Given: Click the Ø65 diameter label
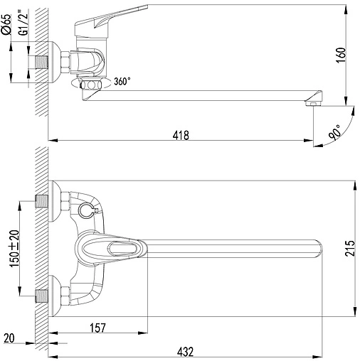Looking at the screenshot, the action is (x=6, y=24).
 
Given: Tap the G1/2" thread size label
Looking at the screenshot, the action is (x=23, y=24).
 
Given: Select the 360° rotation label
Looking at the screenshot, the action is (x=122, y=81).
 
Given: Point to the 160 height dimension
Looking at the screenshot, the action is (x=341, y=55).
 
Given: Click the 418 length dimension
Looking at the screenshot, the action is (x=181, y=135).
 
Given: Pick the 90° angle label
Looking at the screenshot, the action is (x=335, y=133).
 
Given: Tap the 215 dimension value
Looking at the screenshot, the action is (x=350, y=249).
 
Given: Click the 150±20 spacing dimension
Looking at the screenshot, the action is (x=14, y=248).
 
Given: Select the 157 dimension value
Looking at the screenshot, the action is (x=97, y=328).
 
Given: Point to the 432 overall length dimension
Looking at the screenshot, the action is (x=185, y=352).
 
